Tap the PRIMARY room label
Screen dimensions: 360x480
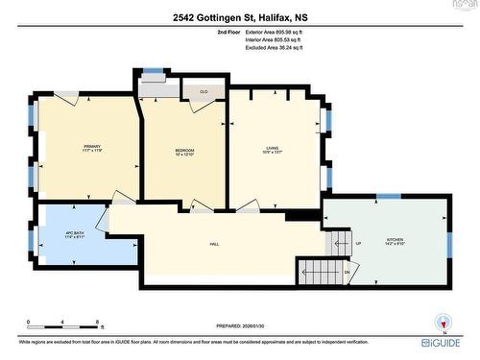point(92,147)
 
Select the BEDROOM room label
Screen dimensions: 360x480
point(184,151)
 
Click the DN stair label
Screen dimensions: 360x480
point(348,273)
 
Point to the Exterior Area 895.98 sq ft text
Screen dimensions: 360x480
point(285,33)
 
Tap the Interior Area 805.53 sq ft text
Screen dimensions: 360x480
point(284,40)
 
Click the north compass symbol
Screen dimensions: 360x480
point(443,321)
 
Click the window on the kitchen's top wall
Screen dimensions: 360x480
point(388,197)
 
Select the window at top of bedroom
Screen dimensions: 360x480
point(153,70)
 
